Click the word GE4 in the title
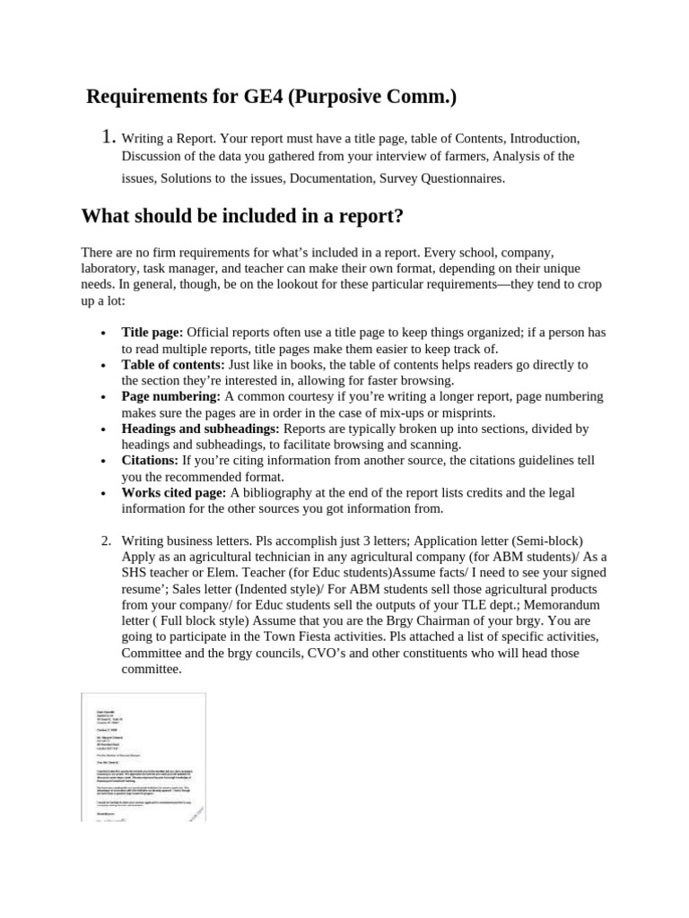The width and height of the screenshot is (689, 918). tap(268, 97)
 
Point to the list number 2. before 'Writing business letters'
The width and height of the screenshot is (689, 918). tap(106, 541)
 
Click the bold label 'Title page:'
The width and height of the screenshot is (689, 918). tap(153, 333)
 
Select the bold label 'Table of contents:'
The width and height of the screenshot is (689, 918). tap(173, 365)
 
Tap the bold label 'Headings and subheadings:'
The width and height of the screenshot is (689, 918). tap(200, 429)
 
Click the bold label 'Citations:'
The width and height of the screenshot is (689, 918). tap(150, 461)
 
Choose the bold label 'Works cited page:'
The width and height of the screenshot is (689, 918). tap(174, 493)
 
